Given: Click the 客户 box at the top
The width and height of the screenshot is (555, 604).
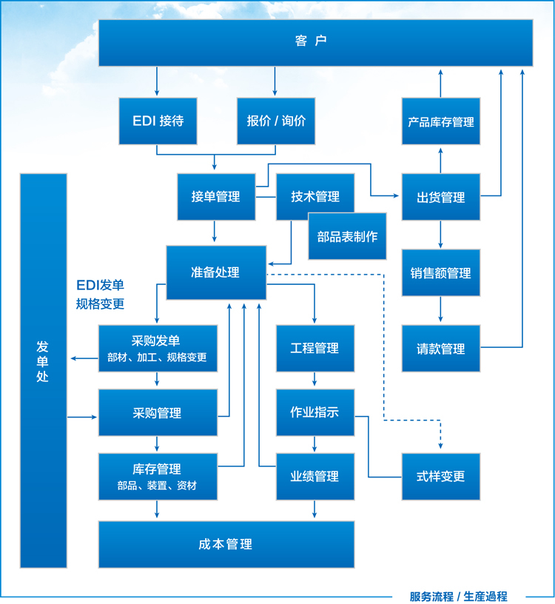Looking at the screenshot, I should [315, 42].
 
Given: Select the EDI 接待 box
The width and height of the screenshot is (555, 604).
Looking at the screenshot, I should [158, 121].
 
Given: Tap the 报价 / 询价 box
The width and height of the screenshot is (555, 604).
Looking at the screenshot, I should [276, 121].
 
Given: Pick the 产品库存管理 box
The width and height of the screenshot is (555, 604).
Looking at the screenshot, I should [441, 121].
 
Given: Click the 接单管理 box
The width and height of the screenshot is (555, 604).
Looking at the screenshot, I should [216, 197].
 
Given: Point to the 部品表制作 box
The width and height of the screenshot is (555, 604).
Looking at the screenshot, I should [347, 237].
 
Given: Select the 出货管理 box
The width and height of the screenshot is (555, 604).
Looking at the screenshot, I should [441, 197].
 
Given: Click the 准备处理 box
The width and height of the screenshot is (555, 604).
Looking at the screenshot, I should [215, 272].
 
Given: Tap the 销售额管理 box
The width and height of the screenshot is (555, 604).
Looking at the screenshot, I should [441, 273].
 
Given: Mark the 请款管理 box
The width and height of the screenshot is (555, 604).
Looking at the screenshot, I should [441, 349].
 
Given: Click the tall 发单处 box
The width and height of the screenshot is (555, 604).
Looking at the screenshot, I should [43, 370].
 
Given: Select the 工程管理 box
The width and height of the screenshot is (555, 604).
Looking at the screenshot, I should [314, 348].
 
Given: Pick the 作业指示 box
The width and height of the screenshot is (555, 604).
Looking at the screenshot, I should [314, 412].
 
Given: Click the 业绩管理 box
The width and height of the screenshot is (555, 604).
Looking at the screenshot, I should [314, 477].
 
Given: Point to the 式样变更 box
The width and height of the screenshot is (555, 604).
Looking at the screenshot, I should [441, 477].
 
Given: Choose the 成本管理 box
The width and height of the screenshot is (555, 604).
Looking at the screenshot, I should [226, 544].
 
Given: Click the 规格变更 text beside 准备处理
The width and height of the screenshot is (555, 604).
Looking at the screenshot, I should [101, 303].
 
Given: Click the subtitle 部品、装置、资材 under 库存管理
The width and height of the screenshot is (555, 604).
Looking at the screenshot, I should [157, 486].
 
